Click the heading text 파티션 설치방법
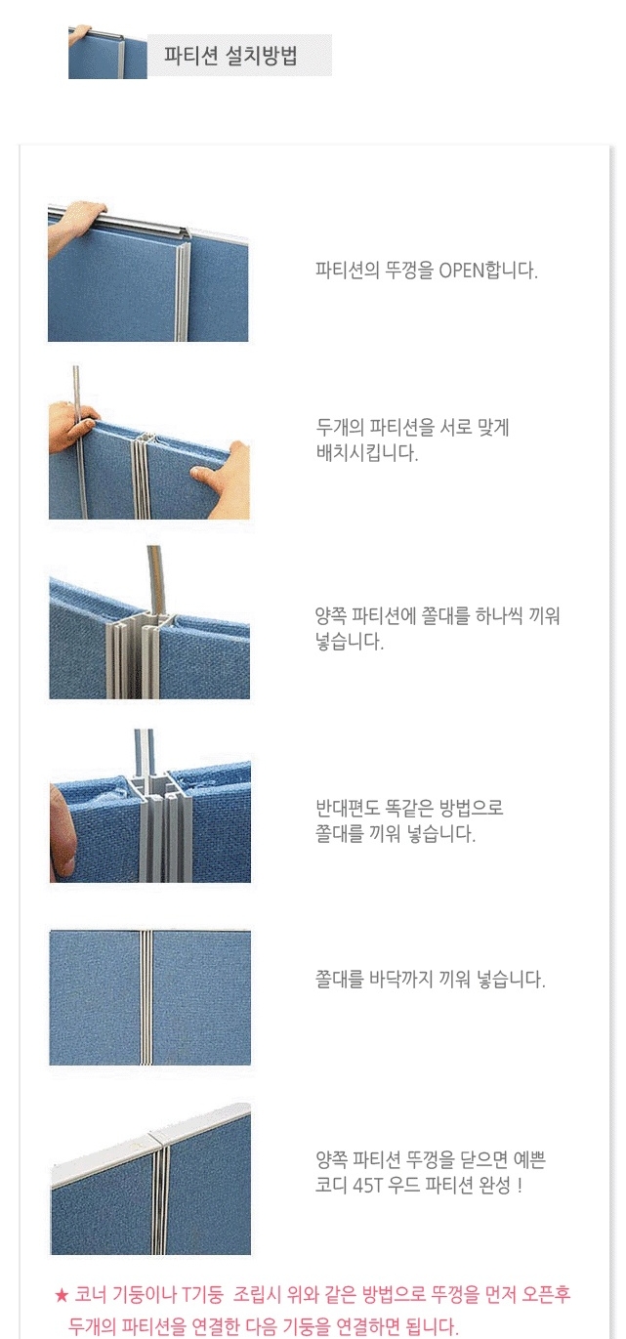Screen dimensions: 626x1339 (x=230, y=56)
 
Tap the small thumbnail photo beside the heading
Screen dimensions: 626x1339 (x=107, y=52)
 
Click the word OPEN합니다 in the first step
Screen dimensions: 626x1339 (x=488, y=271)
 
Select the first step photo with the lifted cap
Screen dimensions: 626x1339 (x=147, y=272)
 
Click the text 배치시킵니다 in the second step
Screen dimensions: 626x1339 (x=366, y=452)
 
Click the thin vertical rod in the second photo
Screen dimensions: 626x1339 (x=78, y=442)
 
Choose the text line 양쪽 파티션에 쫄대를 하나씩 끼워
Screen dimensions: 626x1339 (x=438, y=615)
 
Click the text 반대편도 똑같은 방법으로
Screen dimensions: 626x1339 (x=409, y=808)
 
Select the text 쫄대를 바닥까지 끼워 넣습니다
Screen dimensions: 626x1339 (x=430, y=980)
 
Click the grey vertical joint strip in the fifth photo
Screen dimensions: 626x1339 (x=146, y=997)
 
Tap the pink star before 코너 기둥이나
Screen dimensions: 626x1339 (x=62, y=1295)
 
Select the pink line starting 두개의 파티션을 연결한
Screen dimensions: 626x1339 (x=263, y=1325)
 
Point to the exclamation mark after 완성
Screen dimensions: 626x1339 (x=520, y=1185)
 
